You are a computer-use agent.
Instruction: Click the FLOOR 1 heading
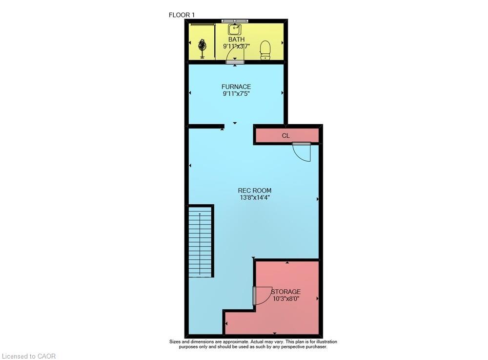pos(182,15)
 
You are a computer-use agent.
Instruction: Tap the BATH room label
pos(237,40)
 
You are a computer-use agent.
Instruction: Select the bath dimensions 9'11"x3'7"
pos(237,46)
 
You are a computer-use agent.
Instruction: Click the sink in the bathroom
pos(235,30)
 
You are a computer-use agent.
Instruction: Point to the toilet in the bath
pos(265,50)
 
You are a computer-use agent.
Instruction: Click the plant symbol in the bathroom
pos(203,48)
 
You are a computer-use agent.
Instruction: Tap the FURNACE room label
pos(236,86)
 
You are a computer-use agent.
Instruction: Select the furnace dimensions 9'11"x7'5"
pos(236,93)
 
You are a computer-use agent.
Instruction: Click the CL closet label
pos(285,135)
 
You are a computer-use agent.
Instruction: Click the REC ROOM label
pos(255,191)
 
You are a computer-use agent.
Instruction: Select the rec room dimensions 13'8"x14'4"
pos(255,197)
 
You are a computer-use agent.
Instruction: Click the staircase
pos(201,241)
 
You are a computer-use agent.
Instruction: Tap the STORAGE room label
pos(285,292)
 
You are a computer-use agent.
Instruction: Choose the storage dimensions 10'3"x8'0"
pos(285,298)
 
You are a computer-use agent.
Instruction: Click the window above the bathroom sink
pos(235,21)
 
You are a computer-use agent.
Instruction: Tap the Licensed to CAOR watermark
pos(29,356)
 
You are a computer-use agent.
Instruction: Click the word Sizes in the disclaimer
pos(175,341)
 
